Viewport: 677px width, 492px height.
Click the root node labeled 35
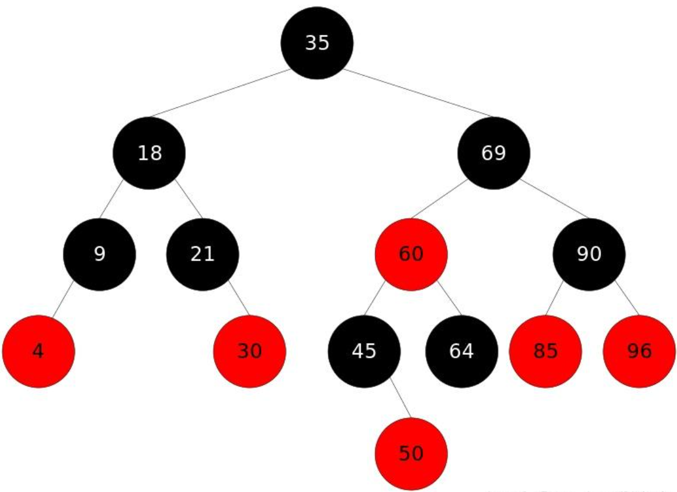click(317, 43)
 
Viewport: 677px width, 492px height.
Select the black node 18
click(149, 153)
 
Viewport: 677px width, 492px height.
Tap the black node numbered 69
click(493, 153)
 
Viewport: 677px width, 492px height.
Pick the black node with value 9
click(100, 255)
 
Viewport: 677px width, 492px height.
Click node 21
click(203, 255)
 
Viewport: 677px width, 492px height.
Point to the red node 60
click(411, 255)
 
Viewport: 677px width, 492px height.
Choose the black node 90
click(589, 255)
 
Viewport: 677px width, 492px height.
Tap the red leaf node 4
click(38, 351)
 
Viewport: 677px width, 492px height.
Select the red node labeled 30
click(250, 351)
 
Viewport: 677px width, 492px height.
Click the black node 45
click(364, 351)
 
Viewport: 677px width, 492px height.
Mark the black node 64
click(461, 351)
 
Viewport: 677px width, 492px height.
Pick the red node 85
click(545, 351)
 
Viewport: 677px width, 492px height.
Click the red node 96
click(639, 351)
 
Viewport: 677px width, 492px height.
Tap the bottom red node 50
click(411, 454)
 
